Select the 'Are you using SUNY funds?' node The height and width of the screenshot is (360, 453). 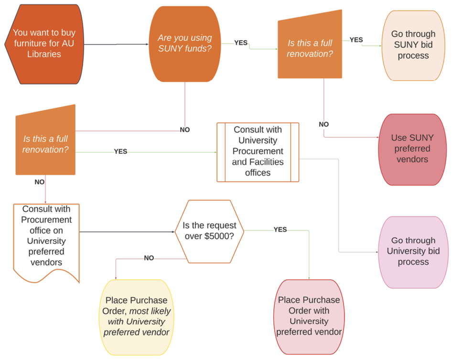pos(185,43)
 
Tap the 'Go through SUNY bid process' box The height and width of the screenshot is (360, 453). pos(413,45)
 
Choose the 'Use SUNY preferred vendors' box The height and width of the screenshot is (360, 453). pos(412,148)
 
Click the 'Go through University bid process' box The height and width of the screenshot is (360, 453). pos(413,251)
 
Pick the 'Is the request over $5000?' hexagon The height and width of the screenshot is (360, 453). pos(209,231)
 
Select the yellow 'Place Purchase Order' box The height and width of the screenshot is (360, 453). pos(137,316)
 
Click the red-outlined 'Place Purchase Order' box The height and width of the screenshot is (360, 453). pos(309,316)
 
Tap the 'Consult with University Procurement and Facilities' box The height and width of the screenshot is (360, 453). pos(258,151)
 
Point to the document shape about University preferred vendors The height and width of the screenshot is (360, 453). pos(46,236)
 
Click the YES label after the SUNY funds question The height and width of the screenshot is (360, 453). pos(241,43)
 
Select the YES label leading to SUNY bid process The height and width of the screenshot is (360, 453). pos(356,40)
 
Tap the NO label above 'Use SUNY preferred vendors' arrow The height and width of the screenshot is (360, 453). pos(324,125)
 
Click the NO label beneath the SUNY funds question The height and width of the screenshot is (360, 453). pos(184,130)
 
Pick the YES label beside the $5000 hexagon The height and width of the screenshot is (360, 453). pos(280,230)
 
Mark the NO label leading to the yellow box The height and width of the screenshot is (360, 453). pos(149,258)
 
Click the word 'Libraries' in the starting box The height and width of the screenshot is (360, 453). pos(44,54)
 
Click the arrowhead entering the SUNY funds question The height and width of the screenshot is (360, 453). pos(147,44)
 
